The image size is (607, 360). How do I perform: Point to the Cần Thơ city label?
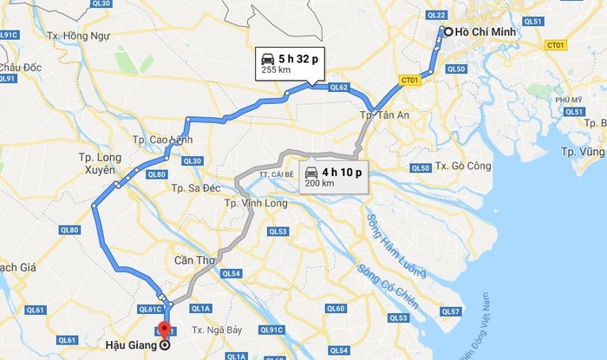point(195,260)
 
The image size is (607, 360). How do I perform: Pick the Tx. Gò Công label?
point(464,166)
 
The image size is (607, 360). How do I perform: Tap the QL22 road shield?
point(436,16)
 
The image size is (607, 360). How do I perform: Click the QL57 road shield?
point(449,311)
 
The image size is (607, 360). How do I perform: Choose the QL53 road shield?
point(277,232)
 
